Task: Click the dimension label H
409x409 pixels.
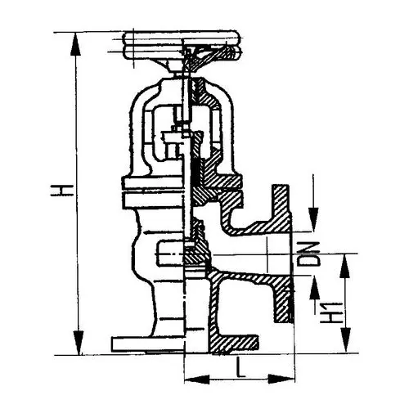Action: [x=61, y=191]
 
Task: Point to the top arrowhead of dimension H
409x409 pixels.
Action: [x=76, y=44]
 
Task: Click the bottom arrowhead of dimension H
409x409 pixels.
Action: [x=79, y=343]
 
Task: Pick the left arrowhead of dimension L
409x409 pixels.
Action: [x=197, y=380]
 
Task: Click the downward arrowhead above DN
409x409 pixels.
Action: [x=313, y=219]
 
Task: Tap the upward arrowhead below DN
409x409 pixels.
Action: [x=314, y=288]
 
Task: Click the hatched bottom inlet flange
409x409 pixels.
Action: [x=234, y=343]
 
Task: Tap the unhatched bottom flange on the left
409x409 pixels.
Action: [x=147, y=344]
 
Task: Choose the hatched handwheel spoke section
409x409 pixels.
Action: [x=210, y=57]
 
